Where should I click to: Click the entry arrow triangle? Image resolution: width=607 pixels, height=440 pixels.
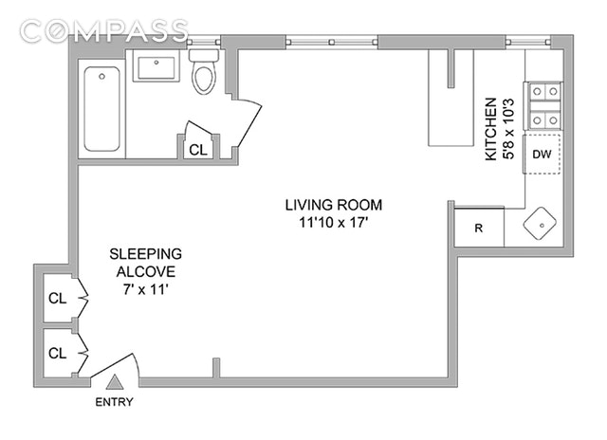tap(115, 382)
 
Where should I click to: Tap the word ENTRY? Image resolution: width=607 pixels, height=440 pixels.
tap(114, 402)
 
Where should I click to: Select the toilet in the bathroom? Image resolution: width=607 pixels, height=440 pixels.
tap(204, 71)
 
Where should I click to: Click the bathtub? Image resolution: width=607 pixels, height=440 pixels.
tap(101, 109)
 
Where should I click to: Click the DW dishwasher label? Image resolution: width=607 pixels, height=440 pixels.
tap(542, 155)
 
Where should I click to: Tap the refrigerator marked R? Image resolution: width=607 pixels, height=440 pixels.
tap(479, 228)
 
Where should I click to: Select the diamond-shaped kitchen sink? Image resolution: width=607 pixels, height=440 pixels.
tap(540, 224)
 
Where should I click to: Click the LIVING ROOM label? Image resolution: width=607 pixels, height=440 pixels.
tap(334, 205)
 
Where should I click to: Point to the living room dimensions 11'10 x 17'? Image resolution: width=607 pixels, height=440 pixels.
tap(333, 223)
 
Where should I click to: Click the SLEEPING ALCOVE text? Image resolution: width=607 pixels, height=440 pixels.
tap(145, 263)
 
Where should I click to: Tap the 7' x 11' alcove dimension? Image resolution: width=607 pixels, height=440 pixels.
tap(145, 289)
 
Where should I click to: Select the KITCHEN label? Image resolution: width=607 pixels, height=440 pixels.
tap(490, 129)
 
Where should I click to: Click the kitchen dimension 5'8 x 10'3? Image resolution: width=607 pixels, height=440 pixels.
tap(508, 129)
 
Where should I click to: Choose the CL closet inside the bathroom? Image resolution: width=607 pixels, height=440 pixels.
tap(198, 150)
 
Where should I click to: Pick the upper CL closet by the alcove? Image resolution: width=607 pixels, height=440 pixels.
tap(58, 299)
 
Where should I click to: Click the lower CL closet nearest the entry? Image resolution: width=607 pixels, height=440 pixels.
tap(58, 353)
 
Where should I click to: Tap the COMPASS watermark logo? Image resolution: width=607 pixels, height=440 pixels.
tap(103, 30)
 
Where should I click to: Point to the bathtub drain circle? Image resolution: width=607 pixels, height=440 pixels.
tap(101, 77)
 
